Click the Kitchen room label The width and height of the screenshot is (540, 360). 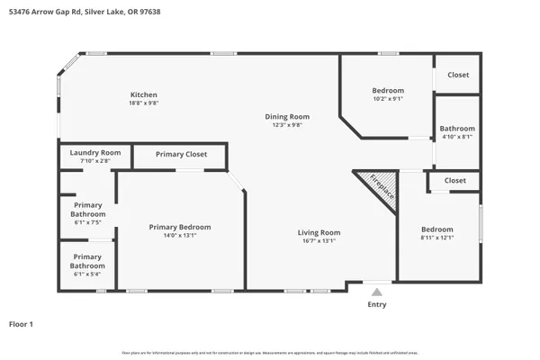(144, 94)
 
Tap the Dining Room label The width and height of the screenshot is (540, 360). (287, 116)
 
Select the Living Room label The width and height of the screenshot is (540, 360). (319, 232)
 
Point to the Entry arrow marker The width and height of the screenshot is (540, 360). (377, 292)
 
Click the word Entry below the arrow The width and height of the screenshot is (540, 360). (377, 305)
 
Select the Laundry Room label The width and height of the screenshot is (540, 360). (95, 153)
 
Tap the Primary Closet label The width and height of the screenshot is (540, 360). (181, 154)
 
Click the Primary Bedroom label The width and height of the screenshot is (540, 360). (180, 227)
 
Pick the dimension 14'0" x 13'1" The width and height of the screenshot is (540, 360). (180, 236)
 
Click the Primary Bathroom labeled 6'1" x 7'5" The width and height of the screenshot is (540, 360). (88, 211)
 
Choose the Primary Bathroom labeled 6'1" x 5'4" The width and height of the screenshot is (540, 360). (88, 261)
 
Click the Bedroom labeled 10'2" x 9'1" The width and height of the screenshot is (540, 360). (388, 90)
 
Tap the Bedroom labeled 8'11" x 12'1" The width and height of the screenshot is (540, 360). (437, 229)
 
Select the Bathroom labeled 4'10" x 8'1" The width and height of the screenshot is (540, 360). (457, 129)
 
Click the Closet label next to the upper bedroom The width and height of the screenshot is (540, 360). (458, 75)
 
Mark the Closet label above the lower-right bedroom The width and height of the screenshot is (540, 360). (455, 180)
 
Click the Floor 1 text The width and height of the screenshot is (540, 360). (22, 323)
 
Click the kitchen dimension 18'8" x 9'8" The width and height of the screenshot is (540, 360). (144, 103)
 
